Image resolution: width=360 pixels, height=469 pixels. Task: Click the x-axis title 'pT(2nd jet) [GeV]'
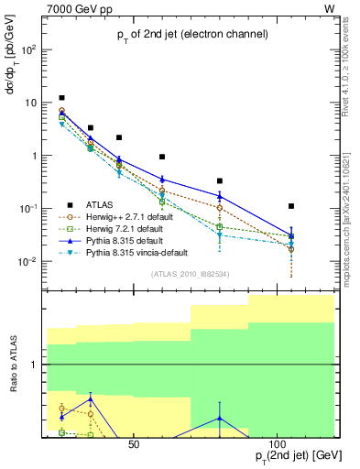tap(289, 456)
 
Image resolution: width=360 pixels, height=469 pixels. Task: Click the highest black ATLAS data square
tap(61, 97)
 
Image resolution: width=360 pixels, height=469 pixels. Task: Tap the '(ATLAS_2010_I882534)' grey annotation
tap(189, 273)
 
